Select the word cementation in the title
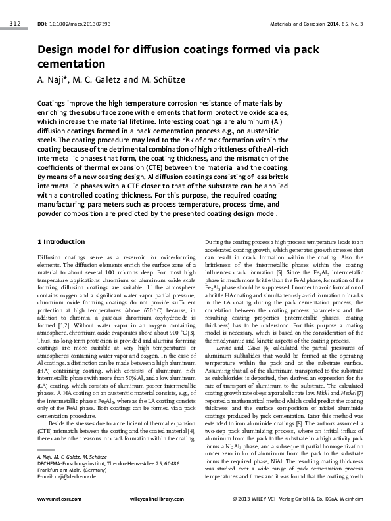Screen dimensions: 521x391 pos(72,64)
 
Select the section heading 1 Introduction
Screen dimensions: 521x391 pos(61,242)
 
